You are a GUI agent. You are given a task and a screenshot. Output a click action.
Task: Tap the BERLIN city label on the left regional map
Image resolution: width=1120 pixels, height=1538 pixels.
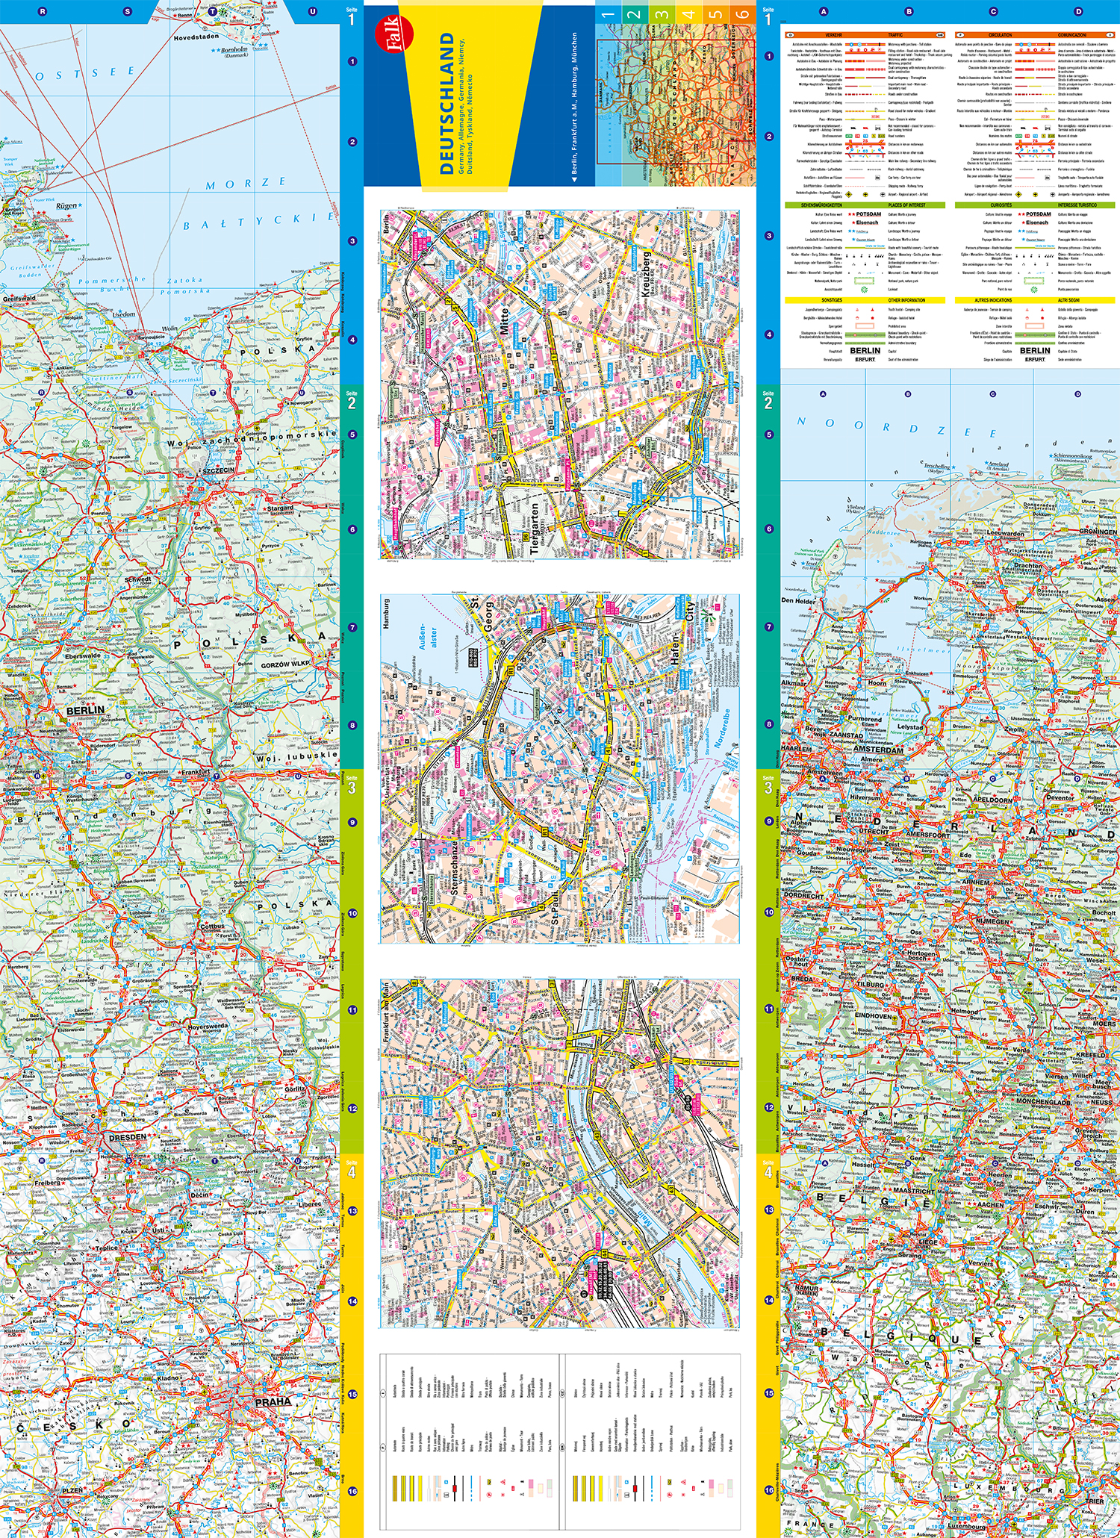coord(85,710)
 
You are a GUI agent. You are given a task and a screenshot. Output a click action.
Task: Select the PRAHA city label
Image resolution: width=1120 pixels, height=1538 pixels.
coord(273,1401)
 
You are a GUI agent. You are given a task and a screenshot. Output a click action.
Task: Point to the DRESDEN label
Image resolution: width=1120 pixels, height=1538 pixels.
coord(127,1137)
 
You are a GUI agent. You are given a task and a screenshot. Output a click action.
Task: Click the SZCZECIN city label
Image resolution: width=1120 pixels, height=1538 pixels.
coord(217,470)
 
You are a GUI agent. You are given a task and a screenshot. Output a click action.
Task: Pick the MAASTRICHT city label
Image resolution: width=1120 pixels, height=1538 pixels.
coord(913,1190)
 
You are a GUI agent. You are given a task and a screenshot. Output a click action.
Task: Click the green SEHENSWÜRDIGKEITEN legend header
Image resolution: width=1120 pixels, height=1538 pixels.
coord(821,205)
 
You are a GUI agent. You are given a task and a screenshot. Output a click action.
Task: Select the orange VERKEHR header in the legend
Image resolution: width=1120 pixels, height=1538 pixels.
coord(833,35)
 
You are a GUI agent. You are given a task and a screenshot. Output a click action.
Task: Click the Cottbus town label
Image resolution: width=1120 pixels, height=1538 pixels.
coord(212,926)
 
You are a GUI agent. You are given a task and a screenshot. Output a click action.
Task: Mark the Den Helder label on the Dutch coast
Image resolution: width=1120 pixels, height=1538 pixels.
coord(798,600)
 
